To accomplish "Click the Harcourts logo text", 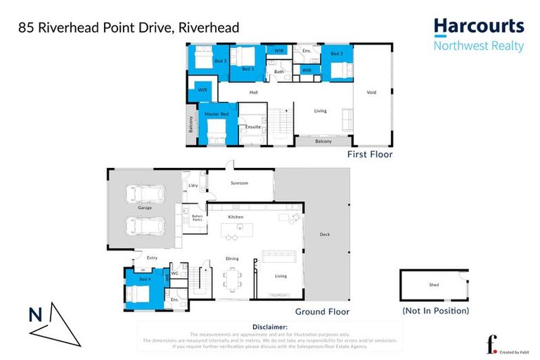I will pos(478,27).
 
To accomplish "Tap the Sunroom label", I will pos(240,183).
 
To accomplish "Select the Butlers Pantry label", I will pos(197,218).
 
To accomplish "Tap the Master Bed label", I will pos(217,114).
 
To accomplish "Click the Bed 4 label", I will pos(144,281).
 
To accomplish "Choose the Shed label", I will pos(433,285).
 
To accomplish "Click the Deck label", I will pos(324,235).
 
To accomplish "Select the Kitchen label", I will pos(236,217).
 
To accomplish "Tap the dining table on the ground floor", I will pos(232,276).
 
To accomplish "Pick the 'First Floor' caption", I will pos(369,154).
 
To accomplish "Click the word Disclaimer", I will pos(269,327).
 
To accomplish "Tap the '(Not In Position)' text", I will pos(435,310).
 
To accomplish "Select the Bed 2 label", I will pos(337,54).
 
